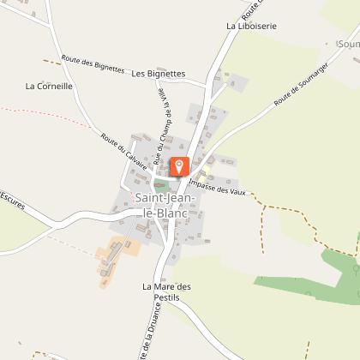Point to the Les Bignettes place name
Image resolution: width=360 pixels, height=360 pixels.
(x=159, y=74)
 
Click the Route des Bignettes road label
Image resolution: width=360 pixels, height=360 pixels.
(x=93, y=65)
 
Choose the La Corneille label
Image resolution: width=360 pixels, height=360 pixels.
(x=49, y=86)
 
